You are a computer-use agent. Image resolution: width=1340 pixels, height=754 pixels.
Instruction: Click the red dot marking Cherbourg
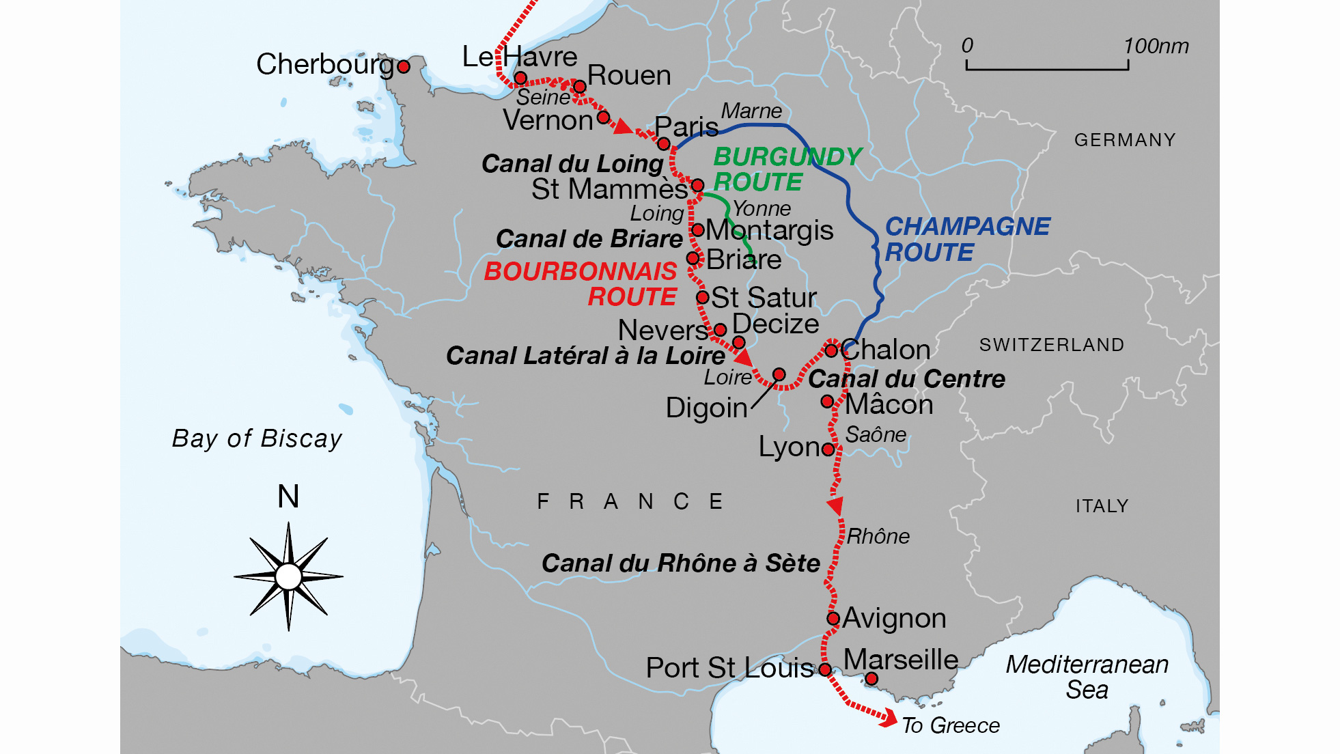(404, 66)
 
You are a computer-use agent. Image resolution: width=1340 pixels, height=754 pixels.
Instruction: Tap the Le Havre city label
(519, 57)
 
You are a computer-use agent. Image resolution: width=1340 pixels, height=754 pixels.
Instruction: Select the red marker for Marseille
(871, 678)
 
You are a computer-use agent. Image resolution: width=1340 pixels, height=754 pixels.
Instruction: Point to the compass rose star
(288, 576)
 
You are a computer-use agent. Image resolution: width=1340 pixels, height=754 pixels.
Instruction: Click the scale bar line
(1047, 68)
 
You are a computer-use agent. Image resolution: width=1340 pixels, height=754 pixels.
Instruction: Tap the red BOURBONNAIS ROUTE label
(581, 283)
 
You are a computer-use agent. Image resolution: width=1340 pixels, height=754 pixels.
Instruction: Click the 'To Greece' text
(950, 725)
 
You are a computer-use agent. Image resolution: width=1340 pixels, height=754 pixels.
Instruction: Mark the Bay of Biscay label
(257, 438)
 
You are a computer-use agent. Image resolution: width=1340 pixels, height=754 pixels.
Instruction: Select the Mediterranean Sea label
(1087, 676)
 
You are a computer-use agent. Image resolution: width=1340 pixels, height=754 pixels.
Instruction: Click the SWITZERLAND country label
(1051, 345)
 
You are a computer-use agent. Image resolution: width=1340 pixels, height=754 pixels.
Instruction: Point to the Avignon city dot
(833, 619)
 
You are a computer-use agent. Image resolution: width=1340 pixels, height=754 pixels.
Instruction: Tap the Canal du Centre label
(906, 379)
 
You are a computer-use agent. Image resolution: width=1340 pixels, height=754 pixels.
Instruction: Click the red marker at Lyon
(828, 449)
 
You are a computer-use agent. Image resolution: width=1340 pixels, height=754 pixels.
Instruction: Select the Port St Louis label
(729, 668)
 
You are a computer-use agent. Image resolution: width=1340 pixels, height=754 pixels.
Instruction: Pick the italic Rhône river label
(878, 536)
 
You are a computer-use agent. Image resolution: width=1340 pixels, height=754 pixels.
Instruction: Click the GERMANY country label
(1124, 140)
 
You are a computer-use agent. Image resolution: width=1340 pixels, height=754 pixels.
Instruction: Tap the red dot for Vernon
(603, 117)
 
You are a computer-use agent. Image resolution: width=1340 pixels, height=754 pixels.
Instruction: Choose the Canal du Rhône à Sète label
(680, 563)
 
